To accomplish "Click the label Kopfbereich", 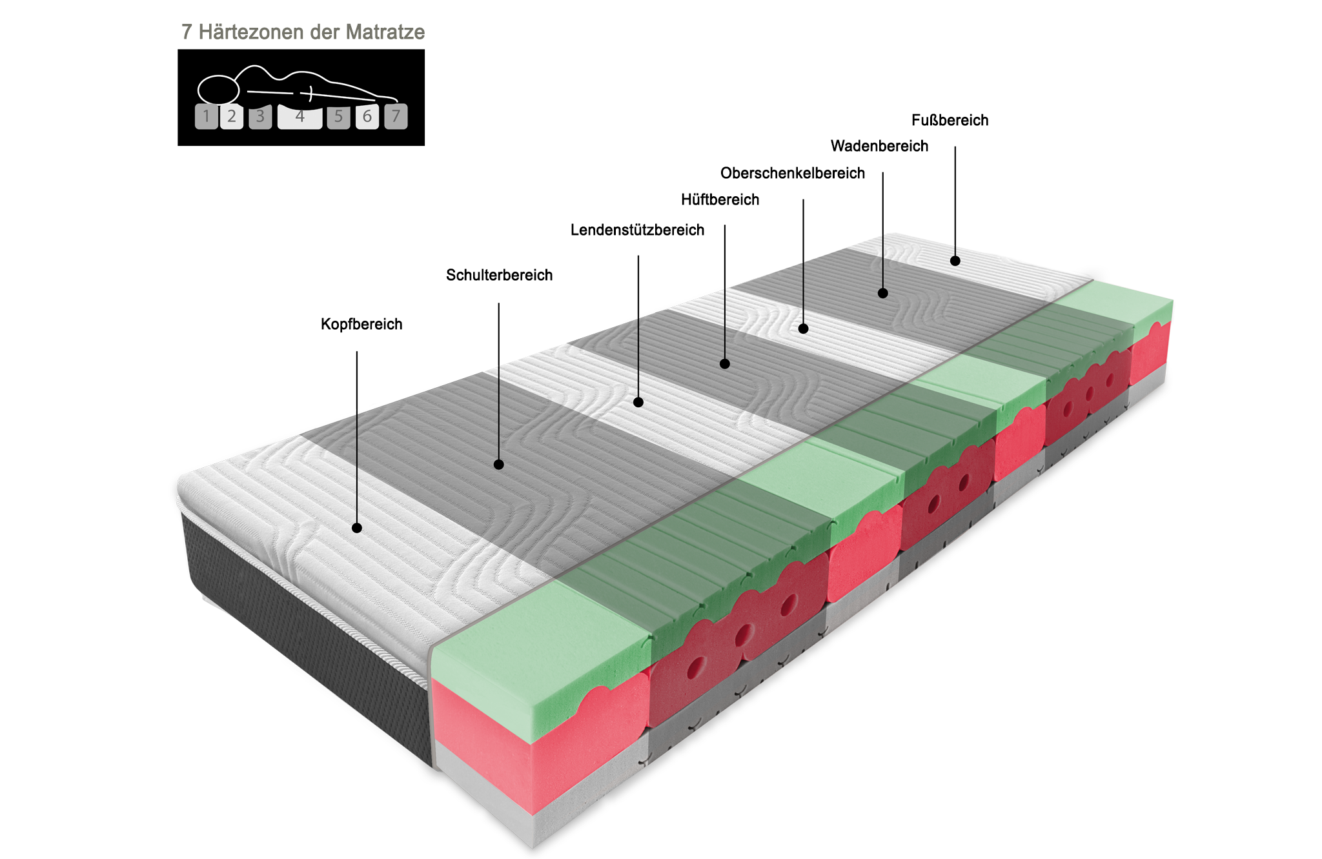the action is coord(361,324).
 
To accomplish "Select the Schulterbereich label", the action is coord(499,275).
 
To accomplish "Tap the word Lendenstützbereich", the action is coord(637,230).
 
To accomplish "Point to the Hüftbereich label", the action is coord(720,199).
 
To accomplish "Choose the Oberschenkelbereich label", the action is coord(793,173).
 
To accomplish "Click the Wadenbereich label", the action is coord(879,146).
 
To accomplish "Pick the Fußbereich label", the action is coord(950,120).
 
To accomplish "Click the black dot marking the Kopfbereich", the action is coord(357,528).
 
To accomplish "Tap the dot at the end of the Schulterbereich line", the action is coord(499,465).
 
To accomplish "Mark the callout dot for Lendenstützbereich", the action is coord(638,402).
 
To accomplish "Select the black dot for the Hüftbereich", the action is coord(725,364).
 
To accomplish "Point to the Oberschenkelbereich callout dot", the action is coord(804,328).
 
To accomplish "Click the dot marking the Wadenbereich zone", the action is coord(883,293).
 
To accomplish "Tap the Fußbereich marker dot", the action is coord(955,261).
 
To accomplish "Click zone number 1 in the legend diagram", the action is coord(207,117).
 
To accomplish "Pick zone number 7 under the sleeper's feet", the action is coord(396,117).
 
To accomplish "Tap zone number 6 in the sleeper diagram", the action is coord(367,117).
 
